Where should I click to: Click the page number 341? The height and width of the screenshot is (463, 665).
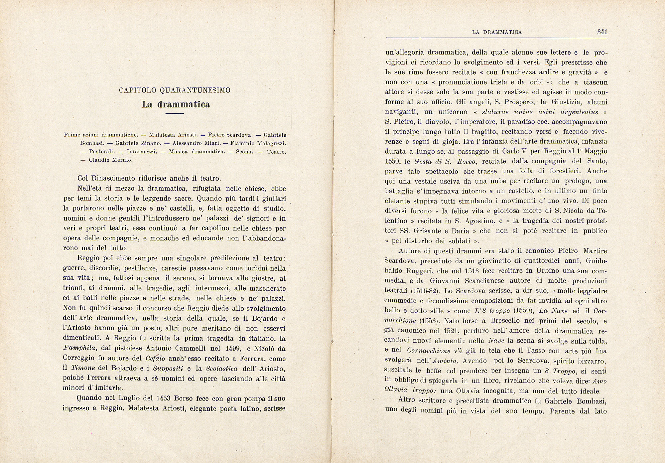pos(602,32)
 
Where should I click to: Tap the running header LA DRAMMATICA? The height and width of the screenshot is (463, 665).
pos(497,32)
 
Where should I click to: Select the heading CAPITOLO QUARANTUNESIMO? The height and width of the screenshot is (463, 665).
pos(175,90)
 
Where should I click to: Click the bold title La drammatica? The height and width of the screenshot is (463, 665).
pos(176,104)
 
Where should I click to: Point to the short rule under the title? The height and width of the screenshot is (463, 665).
pos(175,114)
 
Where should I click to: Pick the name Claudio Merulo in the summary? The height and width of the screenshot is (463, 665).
pos(111,160)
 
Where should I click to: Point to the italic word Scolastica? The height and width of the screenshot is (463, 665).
pos(221,369)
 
